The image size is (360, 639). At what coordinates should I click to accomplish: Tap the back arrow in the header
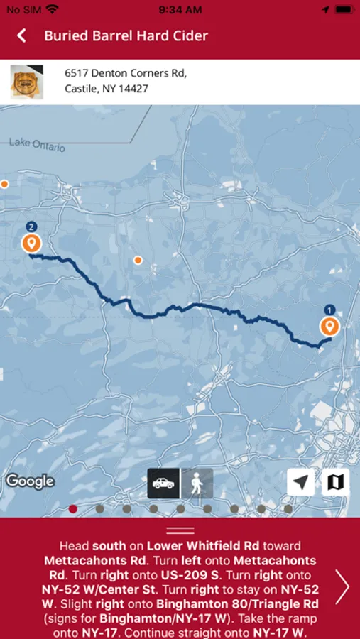tap(22, 35)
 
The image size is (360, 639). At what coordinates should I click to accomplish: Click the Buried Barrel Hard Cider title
tap(126, 35)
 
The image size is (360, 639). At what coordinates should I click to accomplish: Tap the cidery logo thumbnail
tap(26, 82)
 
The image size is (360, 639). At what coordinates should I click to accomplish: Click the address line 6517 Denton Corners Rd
tap(125, 72)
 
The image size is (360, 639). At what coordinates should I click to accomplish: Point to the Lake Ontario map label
tap(37, 144)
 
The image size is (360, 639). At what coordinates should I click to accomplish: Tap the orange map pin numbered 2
tap(31, 243)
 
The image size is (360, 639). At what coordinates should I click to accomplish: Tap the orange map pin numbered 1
tap(329, 326)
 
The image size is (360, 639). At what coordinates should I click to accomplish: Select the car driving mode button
tap(163, 484)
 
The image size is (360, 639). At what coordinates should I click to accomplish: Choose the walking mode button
tap(197, 484)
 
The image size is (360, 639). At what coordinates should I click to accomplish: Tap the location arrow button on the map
tap(301, 482)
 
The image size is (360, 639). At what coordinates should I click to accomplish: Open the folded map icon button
tap(334, 482)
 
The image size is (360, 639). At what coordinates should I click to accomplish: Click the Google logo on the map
tap(31, 481)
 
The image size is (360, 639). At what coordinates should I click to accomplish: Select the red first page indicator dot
tap(73, 508)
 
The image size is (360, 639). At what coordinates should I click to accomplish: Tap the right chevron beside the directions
tap(343, 587)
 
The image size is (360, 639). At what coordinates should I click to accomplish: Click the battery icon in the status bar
tap(343, 9)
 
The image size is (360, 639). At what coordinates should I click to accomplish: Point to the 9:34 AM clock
tap(180, 9)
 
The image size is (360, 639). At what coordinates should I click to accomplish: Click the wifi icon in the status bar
tap(53, 9)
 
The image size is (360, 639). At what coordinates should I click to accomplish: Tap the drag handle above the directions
tap(180, 530)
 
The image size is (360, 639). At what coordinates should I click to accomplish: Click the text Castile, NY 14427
tap(107, 89)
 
